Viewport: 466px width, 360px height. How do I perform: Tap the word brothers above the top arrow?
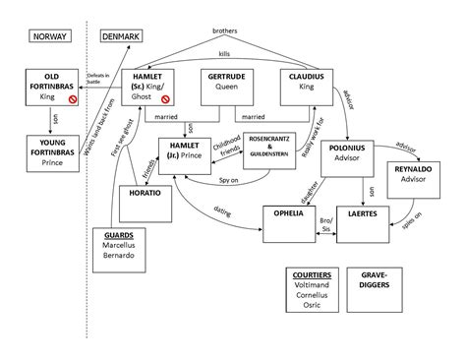tap(224, 31)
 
